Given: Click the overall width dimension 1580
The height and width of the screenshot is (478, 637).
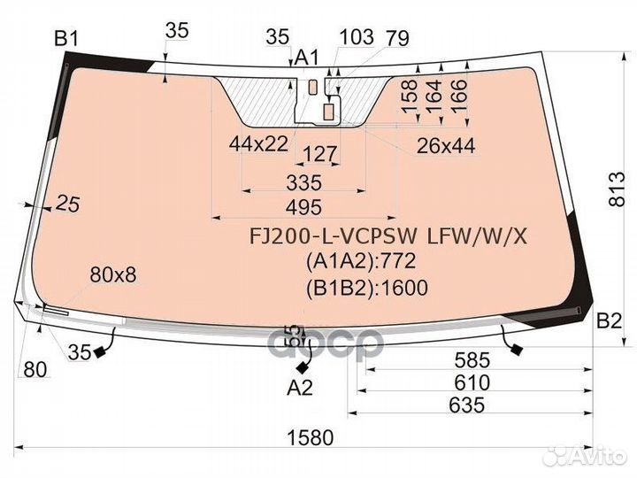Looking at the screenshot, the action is (311, 438).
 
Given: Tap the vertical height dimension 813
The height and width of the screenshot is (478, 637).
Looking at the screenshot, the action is (618, 189).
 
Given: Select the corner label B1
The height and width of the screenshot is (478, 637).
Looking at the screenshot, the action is (66, 39).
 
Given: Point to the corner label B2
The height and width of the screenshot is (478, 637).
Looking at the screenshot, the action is (609, 321).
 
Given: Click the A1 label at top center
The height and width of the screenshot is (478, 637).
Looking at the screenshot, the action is (307, 58).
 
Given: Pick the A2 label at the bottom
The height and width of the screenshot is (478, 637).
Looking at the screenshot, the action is (300, 388).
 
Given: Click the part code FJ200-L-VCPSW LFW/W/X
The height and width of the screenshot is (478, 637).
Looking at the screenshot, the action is (388, 236).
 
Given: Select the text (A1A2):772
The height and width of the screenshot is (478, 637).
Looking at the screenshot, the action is (361, 261).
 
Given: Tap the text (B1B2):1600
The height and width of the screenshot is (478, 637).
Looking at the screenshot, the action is (367, 288).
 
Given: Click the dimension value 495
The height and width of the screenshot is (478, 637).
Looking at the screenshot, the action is (303, 207).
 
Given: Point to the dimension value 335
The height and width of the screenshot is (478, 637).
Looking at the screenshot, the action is (303, 182).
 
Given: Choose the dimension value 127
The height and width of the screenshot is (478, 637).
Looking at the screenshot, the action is (320, 154).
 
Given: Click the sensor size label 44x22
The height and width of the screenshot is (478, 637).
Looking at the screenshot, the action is (258, 144).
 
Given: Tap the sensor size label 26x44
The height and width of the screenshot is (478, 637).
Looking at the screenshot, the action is (446, 146).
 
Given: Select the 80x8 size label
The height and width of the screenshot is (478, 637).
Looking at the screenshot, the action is (113, 275).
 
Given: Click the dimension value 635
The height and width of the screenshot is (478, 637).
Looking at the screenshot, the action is (467, 405).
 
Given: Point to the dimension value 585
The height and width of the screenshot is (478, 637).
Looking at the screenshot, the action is (472, 360).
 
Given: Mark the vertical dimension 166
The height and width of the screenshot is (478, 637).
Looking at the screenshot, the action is (459, 96).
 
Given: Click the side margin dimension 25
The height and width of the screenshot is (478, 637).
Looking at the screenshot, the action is (67, 204).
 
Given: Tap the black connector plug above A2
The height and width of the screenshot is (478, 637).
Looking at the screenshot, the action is (303, 368).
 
